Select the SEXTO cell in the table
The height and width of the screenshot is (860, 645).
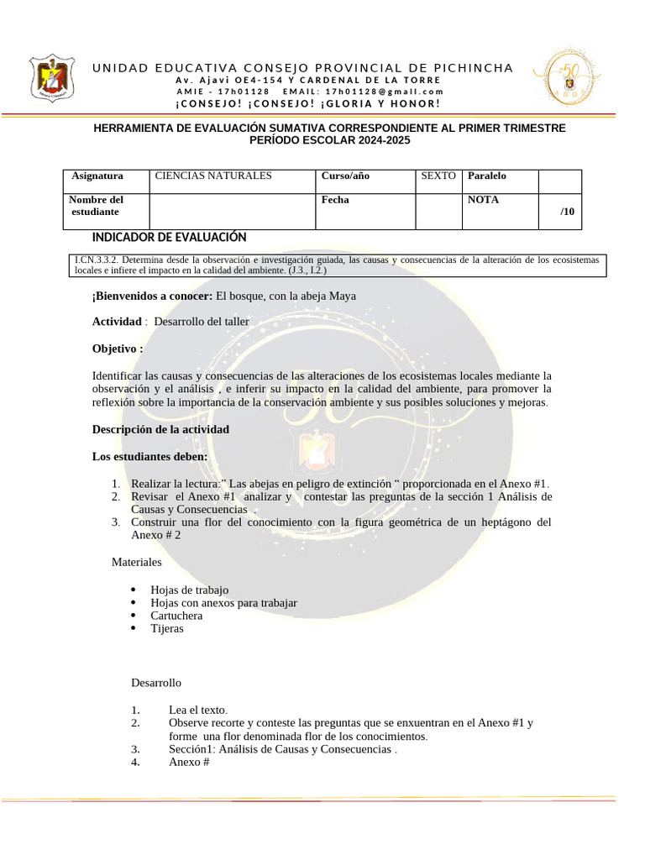pyautogui.click(x=438, y=176)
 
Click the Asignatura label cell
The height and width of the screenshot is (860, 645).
pyautogui.click(x=97, y=176)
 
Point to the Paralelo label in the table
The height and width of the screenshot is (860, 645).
pyautogui.click(x=487, y=176)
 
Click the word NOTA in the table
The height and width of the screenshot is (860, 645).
pyautogui.click(x=483, y=201)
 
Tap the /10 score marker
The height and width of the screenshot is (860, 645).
pyautogui.click(x=568, y=212)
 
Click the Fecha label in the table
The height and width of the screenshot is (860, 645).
pyautogui.click(x=335, y=201)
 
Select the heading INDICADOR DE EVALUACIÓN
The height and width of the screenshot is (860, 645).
pyautogui.click(x=169, y=238)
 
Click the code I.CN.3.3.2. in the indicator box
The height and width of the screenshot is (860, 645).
pyautogui.click(x=98, y=260)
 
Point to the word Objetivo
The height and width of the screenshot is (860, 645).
pyautogui.click(x=116, y=349)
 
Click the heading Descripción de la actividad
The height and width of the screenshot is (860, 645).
pyautogui.click(x=160, y=429)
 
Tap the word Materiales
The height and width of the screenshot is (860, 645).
pyautogui.click(x=137, y=562)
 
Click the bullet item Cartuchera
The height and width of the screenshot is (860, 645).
pyautogui.click(x=176, y=616)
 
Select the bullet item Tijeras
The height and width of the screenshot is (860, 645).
pyautogui.click(x=167, y=628)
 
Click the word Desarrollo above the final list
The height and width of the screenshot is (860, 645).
pyautogui.click(x=156, y=683)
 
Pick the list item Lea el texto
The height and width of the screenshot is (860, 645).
pyautogui.click(x=198, y=710)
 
